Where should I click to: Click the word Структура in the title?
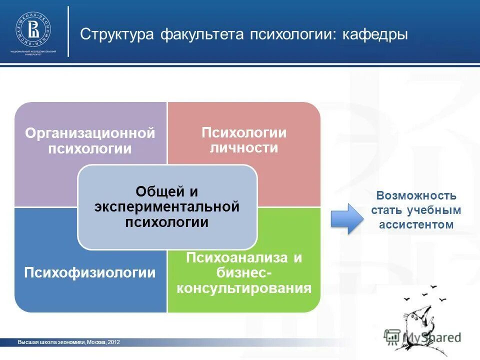116,35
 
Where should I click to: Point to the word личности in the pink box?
243,148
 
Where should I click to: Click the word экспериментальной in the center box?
166,207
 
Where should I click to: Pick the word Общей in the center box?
155,192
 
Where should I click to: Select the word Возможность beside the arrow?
416,195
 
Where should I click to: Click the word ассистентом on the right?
416,225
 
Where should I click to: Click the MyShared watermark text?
432,336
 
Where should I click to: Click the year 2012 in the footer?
113,342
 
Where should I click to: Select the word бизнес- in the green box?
244,273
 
